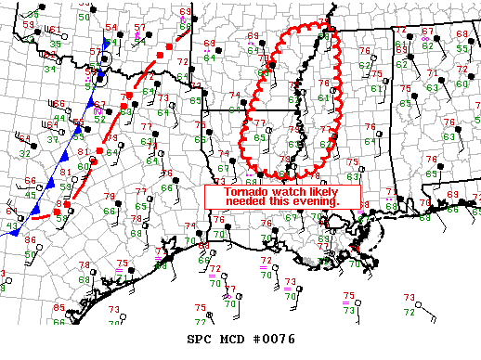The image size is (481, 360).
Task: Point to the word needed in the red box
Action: [x=245, y=201]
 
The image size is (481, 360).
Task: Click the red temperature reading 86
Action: [x=29, y=240]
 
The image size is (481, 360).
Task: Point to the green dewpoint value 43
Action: [x=12, y=226]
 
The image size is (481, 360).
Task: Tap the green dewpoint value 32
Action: [x=23, y=154]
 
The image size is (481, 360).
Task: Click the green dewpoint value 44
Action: [x=60, y=118]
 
